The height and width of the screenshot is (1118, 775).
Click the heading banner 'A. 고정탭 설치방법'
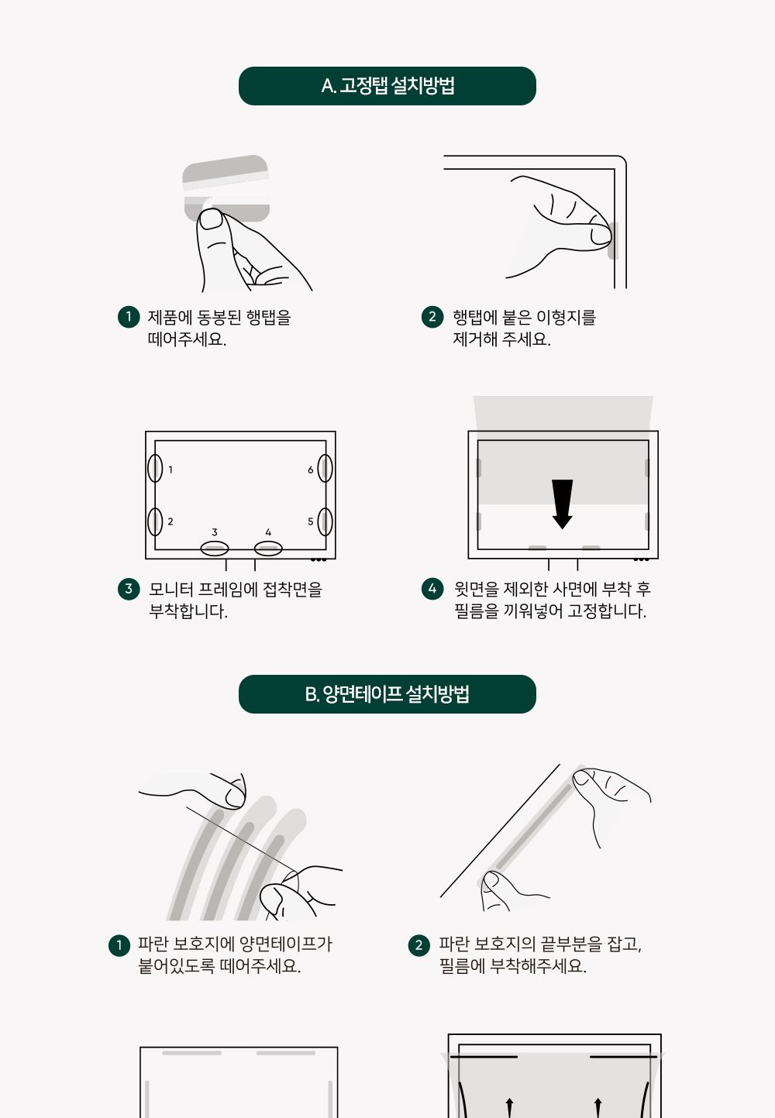click(387, 86)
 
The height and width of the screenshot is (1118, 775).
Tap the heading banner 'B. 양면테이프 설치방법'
click(387, 694)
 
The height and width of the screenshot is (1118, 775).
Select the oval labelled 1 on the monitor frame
click(155, 469)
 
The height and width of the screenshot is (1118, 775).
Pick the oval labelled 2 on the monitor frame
click(155, 521)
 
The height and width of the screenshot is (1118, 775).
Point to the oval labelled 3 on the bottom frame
click(215, 549)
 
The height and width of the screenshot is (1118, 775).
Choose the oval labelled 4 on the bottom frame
click(268, 549)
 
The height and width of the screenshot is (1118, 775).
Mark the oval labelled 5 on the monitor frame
click(325, 521)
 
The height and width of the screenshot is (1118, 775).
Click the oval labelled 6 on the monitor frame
click(325, 469)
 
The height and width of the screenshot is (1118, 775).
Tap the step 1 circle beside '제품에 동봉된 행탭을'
click(129, 317)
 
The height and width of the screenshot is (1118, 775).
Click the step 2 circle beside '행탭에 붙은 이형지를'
click(432, 317)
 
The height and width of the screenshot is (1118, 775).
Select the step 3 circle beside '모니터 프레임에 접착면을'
click(129, 589)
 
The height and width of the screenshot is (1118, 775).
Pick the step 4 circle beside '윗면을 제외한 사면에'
click(432, 589)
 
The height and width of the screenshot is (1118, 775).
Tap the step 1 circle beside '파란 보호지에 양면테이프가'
click(119, 944)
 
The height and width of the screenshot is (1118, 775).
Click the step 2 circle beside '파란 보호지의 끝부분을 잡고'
click(418, 944)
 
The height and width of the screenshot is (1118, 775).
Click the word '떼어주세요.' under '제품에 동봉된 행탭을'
click(187, 339)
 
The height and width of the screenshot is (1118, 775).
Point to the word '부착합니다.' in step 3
click(188, 611)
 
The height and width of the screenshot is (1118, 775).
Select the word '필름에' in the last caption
click(462, 966)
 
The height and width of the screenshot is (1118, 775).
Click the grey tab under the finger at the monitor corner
click(613, 241)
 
